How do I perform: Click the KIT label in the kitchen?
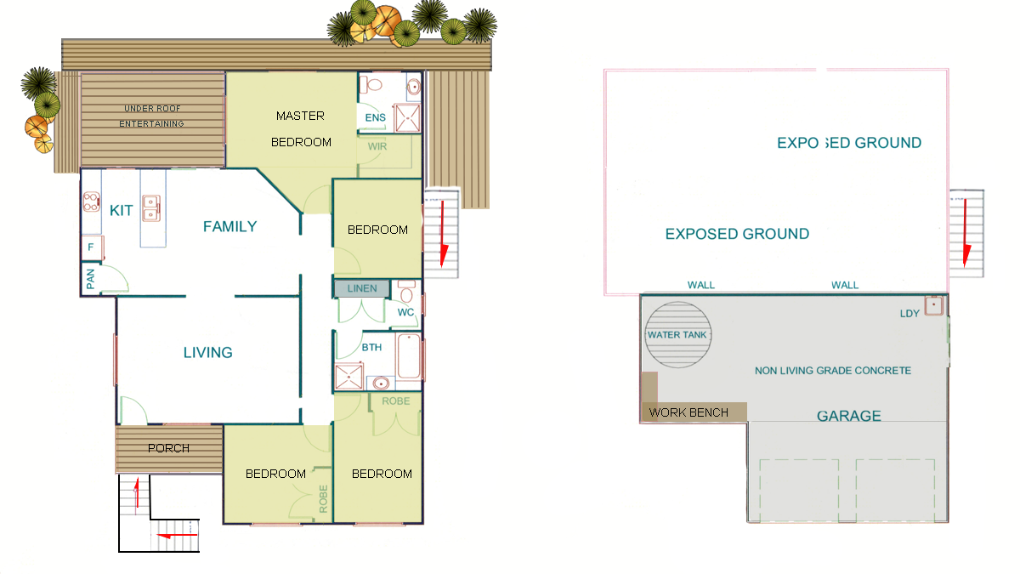[121, 211]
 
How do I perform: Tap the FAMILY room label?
[230, 226]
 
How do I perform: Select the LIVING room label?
[208, 353]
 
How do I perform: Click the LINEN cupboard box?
[362, 288]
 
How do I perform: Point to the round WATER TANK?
[678, 335]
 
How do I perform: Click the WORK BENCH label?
[688, 412]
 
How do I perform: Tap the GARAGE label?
[849, 416]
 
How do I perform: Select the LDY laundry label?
[909, 314]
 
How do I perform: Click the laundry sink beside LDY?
[933, 305]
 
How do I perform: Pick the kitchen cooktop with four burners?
[91, 202]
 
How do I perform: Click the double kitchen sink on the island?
[151, 208]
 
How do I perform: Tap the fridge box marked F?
[93, 247]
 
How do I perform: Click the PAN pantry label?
[91, 279]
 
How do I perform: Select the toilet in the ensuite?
[371, 85]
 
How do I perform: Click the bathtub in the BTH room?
[409, 356]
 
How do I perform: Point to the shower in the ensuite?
[407, 118]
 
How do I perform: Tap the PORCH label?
[168, 448]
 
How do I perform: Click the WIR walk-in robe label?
[377, 146]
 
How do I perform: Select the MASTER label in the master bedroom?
[300, 117]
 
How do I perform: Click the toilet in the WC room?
[406, 291]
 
